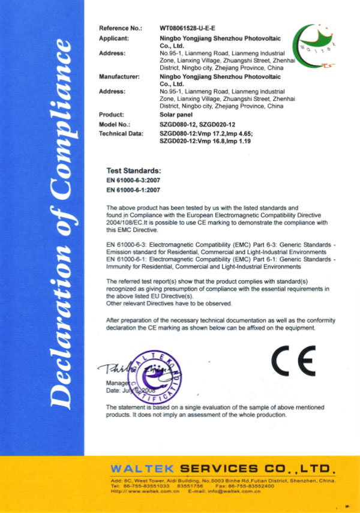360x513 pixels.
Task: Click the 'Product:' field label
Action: click(111, 114)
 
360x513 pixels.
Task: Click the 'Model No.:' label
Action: click(114, 124)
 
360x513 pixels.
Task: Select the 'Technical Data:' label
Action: click(119, 132)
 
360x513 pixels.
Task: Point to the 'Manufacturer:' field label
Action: click(118, 76)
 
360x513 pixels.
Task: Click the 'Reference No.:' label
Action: click(120, 28)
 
